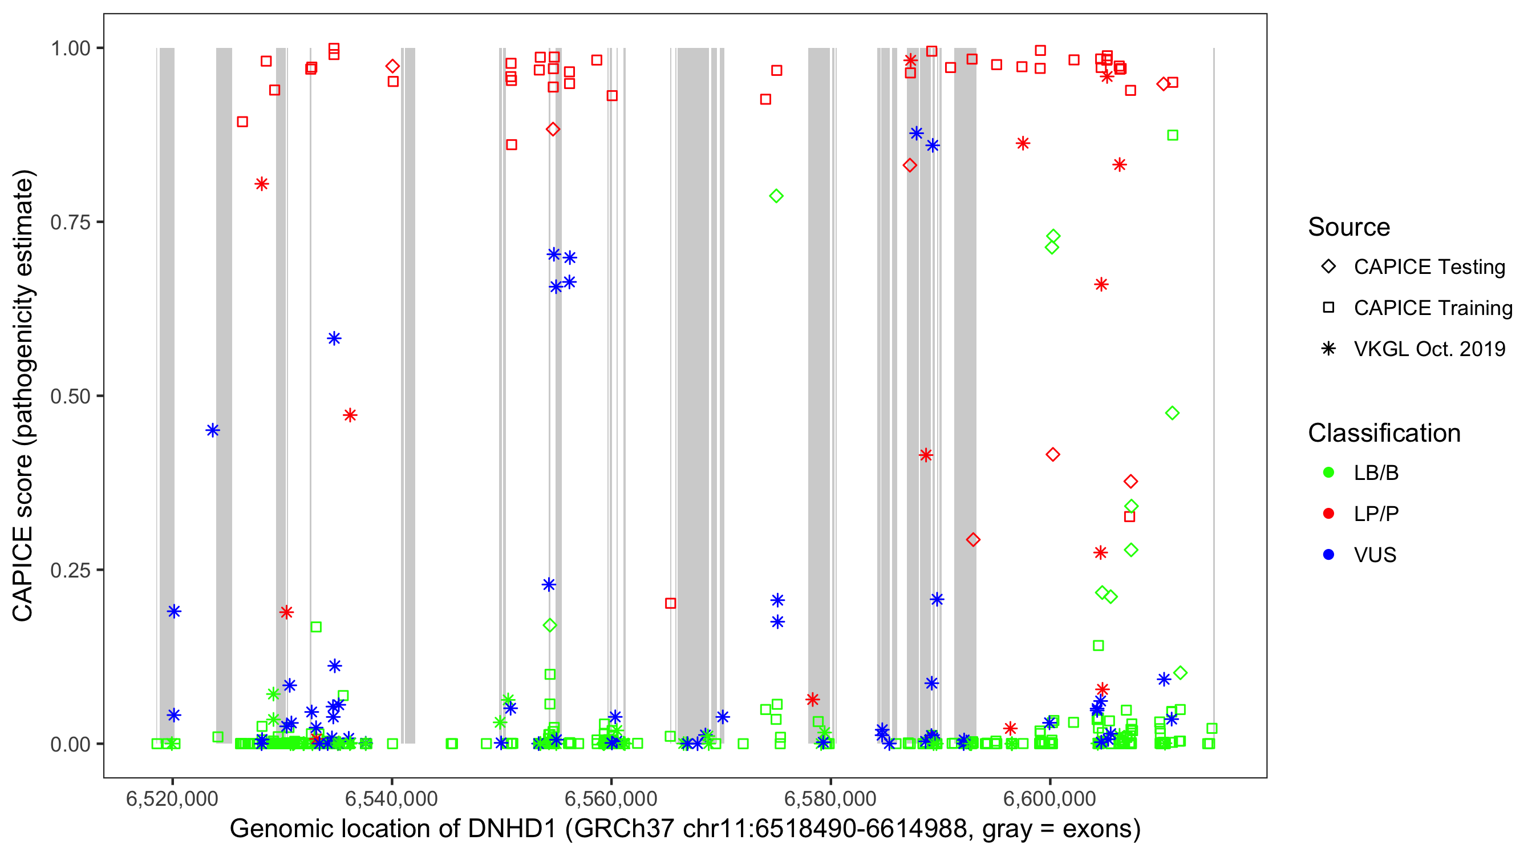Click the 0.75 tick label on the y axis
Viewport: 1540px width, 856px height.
tap(70, 223)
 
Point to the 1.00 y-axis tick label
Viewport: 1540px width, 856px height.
tap(70, 49)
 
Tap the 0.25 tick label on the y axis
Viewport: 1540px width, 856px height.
tap(70, 570)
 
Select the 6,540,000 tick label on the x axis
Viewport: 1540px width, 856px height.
tap(392, 798)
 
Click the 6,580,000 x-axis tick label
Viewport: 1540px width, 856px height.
tap(830, 798)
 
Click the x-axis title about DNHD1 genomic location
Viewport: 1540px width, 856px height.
tap(685, 829)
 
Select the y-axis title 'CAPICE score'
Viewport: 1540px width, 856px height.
tap(24, 396)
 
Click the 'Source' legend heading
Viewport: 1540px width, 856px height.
tap(1349, 227)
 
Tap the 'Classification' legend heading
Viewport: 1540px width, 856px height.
tap(1384, 433)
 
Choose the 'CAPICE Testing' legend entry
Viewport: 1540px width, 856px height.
tap(1429, 267)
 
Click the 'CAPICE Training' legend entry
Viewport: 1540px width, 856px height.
tap(1432, 308)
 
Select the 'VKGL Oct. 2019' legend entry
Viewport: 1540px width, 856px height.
tap(1429, 349)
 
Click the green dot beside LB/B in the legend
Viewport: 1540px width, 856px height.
tap(1328, 473)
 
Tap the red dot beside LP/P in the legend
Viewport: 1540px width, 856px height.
tap(1328, 514)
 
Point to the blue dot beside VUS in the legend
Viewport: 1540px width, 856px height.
tap(1328, 555)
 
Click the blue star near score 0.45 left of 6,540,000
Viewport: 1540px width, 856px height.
tap(213, 431)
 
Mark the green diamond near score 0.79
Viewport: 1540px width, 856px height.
tap(776, 196)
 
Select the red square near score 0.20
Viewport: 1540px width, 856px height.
tap(670, 604)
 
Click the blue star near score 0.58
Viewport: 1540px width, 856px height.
tap(334, 338)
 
